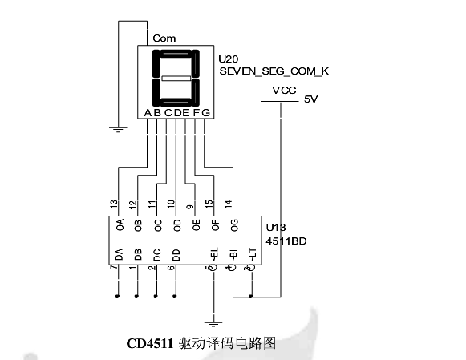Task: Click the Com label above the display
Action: coord(164,38)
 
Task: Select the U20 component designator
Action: coord(229,59)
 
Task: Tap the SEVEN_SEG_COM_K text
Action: coord(274,71)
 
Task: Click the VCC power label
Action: coord(285,91)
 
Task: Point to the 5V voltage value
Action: coord(311,99)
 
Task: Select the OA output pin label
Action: coord(120,225)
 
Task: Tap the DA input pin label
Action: coord(120,255)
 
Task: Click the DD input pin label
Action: coord(176,255)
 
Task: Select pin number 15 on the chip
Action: coord(209,205)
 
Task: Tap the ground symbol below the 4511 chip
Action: coord(213,323)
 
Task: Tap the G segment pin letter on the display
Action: coord(206,112)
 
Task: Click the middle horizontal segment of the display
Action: coord(176,79)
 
